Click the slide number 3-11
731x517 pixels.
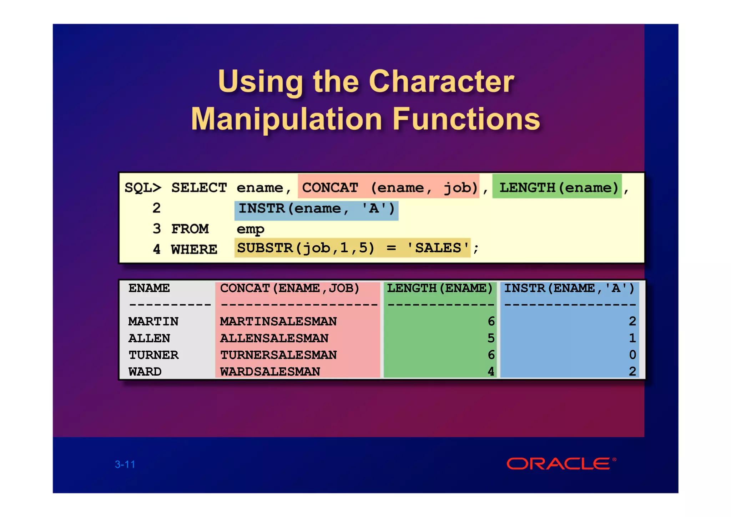125,464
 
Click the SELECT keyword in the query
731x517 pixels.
199,187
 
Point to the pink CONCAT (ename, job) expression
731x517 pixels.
389,187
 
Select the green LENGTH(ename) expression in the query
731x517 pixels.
558,187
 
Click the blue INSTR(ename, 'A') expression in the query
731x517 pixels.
316,208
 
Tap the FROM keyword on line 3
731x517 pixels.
190,229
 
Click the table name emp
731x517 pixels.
250,229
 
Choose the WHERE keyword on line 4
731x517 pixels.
194,249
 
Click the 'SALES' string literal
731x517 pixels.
438,247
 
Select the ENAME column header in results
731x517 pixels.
149,288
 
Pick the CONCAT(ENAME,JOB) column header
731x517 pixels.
289,288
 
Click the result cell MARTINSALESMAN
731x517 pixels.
278,321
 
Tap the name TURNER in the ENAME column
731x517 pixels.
153,355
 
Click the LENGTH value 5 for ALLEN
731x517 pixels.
491,338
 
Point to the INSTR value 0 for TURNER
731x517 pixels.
632,355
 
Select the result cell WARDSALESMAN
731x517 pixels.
270,371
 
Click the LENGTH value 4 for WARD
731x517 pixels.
491,371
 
